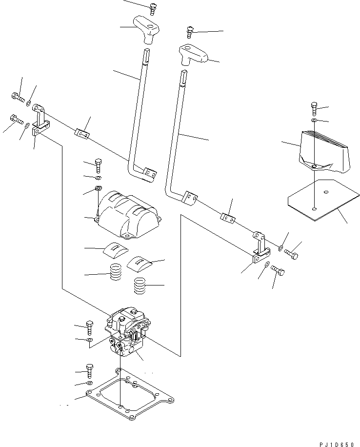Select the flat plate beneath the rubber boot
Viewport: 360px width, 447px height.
click(320, 200)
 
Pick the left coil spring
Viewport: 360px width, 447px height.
click(116, 272)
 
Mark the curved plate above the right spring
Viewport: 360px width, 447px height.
click(140, 263)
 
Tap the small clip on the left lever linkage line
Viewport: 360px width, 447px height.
click(81, 133)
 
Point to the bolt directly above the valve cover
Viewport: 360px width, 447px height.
click(99, 165)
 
